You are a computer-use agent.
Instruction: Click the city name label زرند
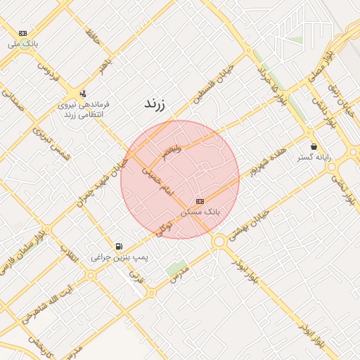click(x=154, y=104)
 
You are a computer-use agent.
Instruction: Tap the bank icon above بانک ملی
click(x=23, y=33)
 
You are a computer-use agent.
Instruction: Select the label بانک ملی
click(x=23, y=44)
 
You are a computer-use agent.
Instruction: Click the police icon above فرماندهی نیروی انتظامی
click(x=84, y=93)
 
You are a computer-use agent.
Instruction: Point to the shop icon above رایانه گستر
click(x=314, y=146)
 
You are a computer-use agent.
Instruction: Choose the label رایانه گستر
click(x=314, y=157)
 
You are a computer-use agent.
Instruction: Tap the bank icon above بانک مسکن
click(x=200, y=200)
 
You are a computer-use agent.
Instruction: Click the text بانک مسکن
click(x=200, y=211)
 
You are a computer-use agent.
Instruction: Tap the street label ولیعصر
click(x=172, y=151)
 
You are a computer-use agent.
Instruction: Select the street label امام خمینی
click(x=156, y=179)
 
